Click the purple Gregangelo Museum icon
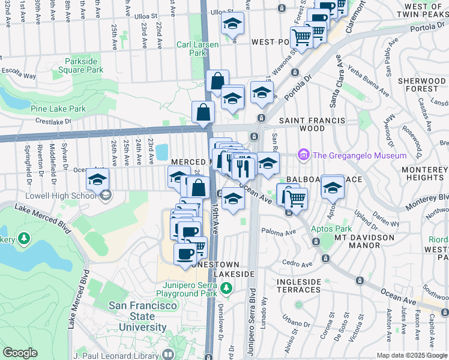coord(304,155)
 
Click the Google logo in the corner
coord(20,353)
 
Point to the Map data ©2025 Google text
coord(411,355)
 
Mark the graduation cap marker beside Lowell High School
coord(97,178)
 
